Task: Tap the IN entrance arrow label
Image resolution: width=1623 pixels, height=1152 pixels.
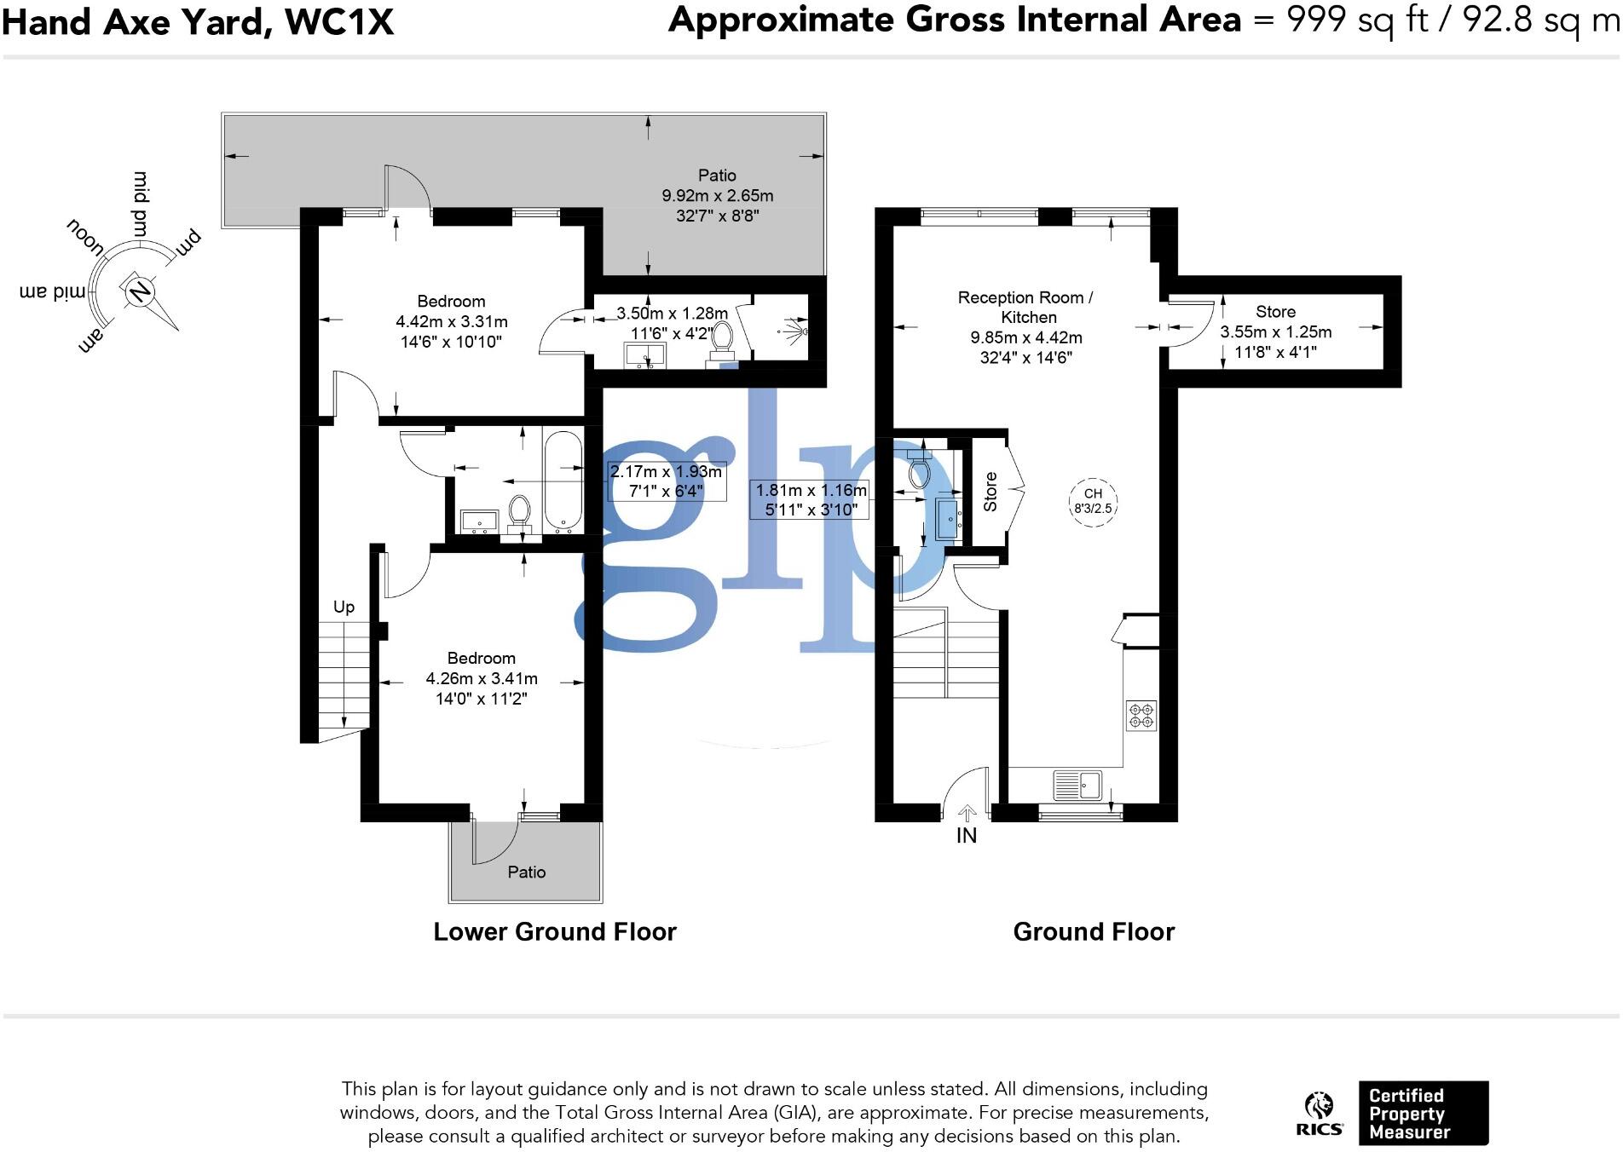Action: coord(967,835)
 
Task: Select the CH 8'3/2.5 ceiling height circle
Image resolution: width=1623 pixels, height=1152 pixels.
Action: coord(1093,501)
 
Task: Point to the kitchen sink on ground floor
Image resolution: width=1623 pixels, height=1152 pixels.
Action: coord(1078,784)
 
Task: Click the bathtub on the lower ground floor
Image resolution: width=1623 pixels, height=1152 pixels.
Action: coord(563,482)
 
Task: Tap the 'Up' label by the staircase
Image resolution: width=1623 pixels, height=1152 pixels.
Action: coord(344,607)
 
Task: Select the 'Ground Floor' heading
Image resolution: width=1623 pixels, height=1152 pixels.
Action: coord(1094,931)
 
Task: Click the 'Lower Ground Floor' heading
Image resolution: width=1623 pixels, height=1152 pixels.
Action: coord(555,931)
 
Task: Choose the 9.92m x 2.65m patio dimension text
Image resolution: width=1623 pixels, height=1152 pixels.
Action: coord(718,196)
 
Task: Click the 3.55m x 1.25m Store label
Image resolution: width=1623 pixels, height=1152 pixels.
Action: coord(1275,331)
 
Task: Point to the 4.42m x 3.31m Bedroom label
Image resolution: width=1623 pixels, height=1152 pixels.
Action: coord(451,321)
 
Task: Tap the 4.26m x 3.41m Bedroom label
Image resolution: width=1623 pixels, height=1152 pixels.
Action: coord(482,678)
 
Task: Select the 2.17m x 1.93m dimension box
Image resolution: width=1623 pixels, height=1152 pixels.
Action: coord(667,481)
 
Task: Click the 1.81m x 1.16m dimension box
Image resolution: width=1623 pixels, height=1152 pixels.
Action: coord(811,500)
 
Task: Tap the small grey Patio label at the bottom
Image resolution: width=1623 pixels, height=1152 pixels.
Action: coord(526,872)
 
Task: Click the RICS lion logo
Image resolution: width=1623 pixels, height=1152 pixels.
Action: coord(1320,1113)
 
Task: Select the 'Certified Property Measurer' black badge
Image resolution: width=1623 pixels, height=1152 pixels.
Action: coord(1423,1113)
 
